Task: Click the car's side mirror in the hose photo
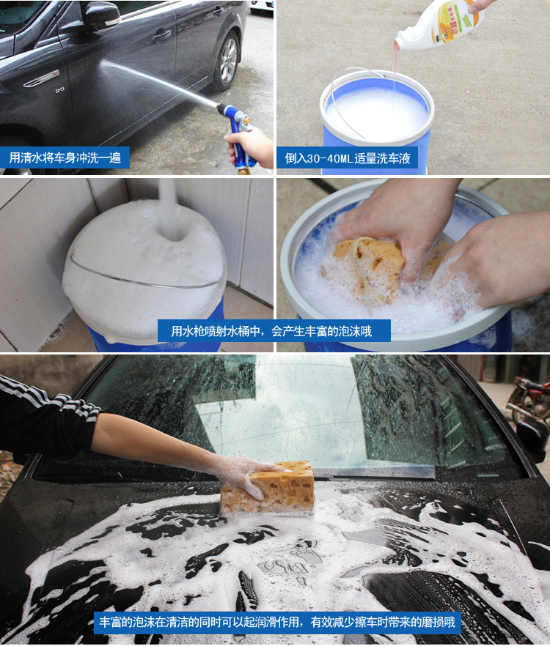click(101, 16)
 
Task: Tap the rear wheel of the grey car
click(227, 61)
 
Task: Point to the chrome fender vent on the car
click(41, 78)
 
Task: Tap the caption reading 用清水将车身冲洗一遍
click(65, 157)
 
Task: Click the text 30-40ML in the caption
click(328, 158)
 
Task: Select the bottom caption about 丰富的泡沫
click(277, 622)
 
